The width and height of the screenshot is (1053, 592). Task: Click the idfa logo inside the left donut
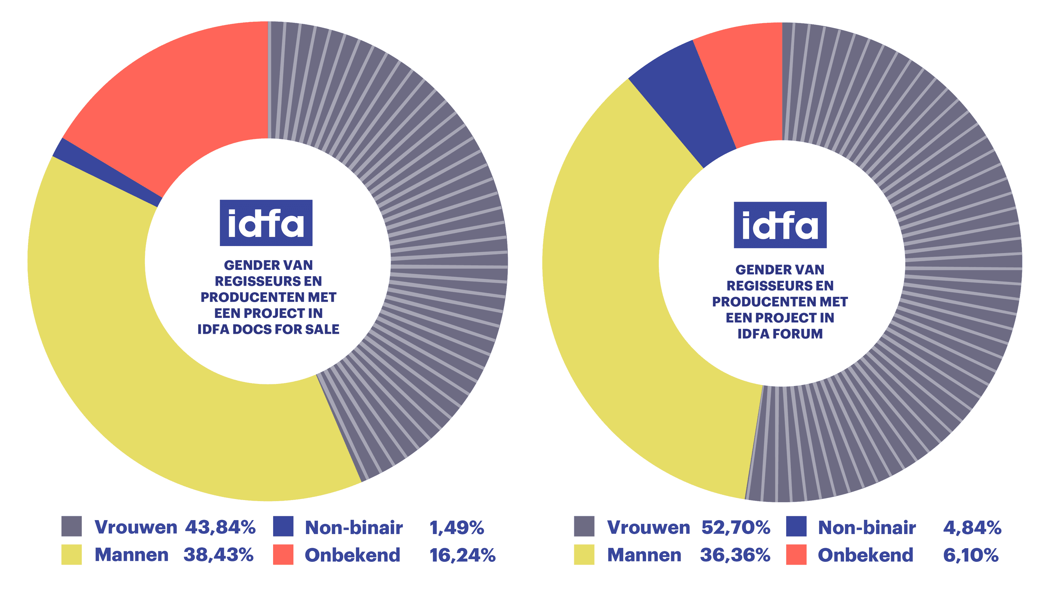(x=266, y=223)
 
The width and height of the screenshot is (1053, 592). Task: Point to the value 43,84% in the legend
(x=220, y=527)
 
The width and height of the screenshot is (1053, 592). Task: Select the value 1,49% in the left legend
(x=457, y=527)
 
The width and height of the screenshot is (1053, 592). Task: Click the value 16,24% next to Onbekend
(x=462, y=555)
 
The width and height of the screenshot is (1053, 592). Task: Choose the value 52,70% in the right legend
(x=736, y=527)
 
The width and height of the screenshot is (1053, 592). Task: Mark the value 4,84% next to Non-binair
(x=972, y=527)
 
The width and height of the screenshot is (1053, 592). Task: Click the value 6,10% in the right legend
(x=971, y=555)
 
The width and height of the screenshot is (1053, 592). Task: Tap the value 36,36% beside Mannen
(x=735, y=555)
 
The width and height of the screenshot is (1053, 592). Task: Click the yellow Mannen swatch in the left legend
(x=72, y=554)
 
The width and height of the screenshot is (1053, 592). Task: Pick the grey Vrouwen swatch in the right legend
(x=584, y=526)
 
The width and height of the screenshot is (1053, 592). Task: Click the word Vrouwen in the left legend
(x=136, y=527)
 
